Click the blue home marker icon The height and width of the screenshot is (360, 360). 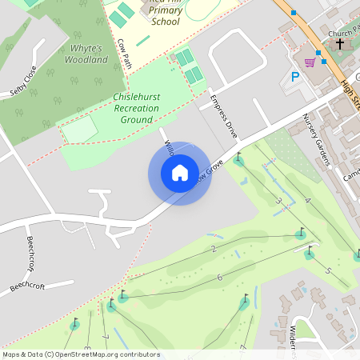[180, 173]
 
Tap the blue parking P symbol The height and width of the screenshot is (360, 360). [295, 78]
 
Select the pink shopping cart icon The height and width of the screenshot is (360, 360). [309, 62]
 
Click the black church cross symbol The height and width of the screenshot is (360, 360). [339, 44]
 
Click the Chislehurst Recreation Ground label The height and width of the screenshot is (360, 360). [132, 108]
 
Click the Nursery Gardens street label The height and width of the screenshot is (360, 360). [316, 141]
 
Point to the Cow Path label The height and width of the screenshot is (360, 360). [124, 53]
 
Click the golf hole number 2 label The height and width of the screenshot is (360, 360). [214, 249]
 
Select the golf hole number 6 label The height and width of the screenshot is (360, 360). [218, 277]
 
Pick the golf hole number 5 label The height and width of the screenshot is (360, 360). [327, 271]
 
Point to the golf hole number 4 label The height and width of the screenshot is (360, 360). [308, 199]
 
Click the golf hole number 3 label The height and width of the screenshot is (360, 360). [278, 201]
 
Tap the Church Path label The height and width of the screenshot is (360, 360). [344, 34]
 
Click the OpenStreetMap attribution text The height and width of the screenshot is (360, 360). [81, 354]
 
